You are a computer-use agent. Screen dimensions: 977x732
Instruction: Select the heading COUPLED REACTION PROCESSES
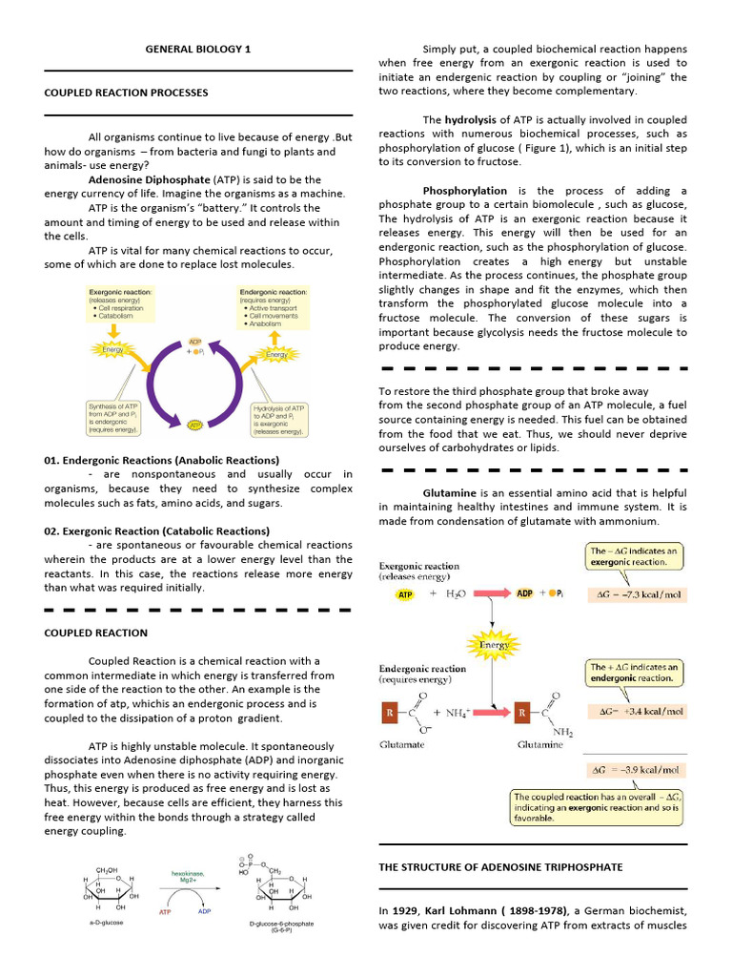tap(126, 93)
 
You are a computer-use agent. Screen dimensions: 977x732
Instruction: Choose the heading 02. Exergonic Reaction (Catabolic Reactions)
tap(156, 530)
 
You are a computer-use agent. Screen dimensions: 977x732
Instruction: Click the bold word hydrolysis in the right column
tap(471, 120)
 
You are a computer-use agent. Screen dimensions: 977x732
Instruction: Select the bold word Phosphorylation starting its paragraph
tap(465, 191)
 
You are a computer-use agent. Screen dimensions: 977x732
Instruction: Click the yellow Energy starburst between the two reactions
tap(495, 644)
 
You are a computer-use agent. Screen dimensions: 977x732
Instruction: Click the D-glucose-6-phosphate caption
tap(279, 925)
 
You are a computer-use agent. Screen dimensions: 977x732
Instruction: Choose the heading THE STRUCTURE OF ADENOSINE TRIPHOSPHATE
tap(500, 866)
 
